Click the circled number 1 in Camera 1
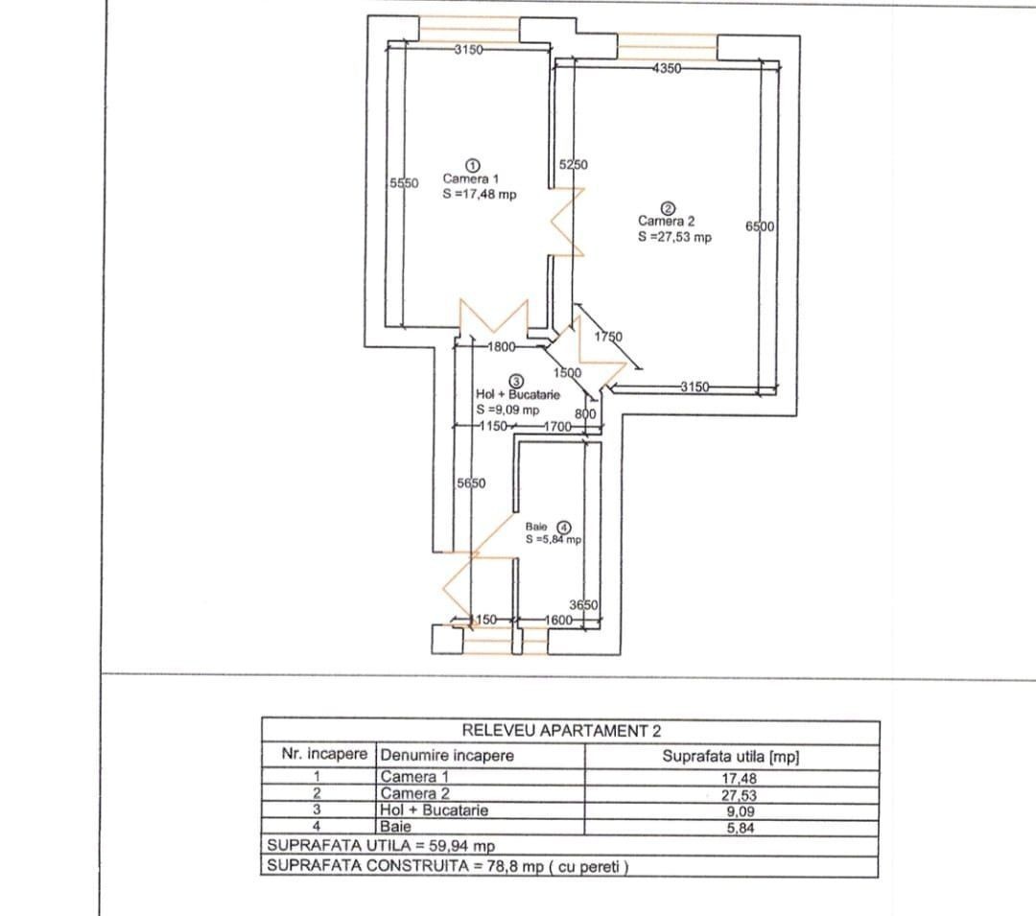473,165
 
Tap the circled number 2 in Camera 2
668,209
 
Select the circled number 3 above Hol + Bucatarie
517,381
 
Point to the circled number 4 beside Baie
564,527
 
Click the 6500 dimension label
760,226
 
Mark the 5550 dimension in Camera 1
404,183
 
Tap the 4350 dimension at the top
667,68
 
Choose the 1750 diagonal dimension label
608,336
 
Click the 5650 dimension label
471,483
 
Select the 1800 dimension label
502,346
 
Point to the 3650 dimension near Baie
583,605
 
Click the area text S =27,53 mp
674,237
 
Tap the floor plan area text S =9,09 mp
507,410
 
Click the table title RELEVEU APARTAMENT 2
561,731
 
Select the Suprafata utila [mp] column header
731,756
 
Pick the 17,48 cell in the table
739,779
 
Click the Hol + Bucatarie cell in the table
434,810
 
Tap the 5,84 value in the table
740,828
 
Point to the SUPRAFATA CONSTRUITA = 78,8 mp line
447,866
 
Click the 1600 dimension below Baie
558,621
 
